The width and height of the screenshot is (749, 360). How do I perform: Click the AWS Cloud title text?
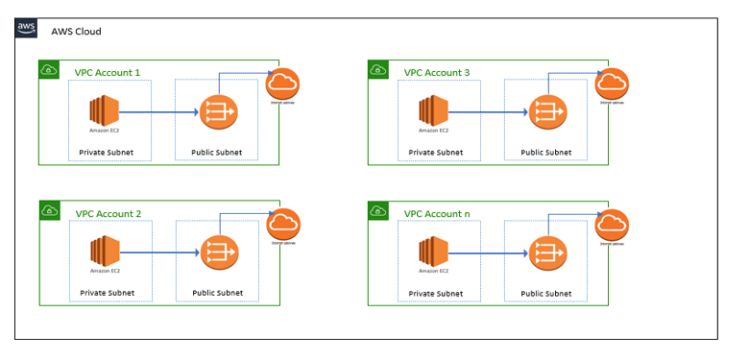coord(76,32)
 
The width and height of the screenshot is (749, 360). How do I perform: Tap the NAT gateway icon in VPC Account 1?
coord(217,112)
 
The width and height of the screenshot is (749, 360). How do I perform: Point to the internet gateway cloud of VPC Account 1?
coord(283,84)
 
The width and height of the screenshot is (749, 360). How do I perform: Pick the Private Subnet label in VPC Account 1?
coord(107,153)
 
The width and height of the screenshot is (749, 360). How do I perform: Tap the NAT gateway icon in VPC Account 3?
coord(546,112)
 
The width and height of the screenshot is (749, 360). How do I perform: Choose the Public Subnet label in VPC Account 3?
coord(545,153)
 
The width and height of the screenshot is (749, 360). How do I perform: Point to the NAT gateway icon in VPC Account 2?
coord(217,253)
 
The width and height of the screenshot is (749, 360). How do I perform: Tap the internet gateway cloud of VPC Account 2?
coord(283,224)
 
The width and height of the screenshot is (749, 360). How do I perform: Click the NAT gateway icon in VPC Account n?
coord(546,253)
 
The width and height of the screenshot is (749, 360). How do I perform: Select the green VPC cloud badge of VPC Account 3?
coord(378,70)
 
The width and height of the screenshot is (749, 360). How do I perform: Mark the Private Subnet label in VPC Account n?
coord(435,293)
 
